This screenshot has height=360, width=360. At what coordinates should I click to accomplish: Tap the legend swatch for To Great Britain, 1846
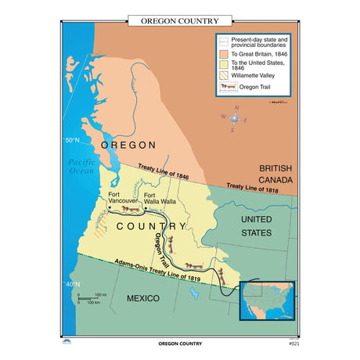point(224,52)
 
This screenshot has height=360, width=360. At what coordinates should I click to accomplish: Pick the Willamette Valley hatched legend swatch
point(224,76)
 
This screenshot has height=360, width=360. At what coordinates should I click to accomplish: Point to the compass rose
point(236,118)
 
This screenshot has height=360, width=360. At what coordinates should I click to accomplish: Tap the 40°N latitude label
point(72,284)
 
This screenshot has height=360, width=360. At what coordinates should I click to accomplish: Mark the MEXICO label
point(143,298)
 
